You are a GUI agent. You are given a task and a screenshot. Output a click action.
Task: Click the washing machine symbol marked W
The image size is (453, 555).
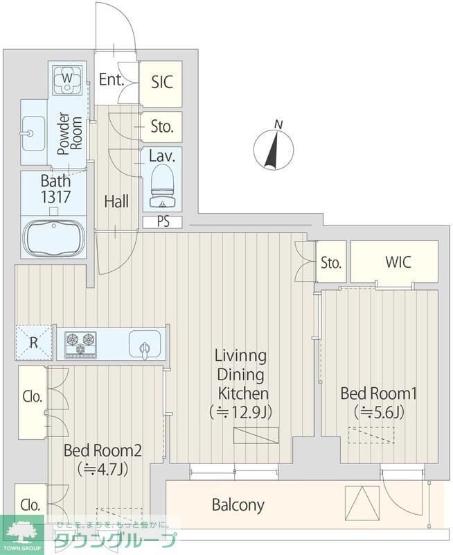[67, 79]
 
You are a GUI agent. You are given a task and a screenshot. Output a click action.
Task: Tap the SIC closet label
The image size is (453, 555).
[162, 82]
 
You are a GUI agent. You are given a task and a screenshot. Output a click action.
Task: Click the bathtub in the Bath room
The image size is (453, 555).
[54, 237]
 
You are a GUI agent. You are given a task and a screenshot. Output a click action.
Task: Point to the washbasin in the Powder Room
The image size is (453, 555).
[33, 133]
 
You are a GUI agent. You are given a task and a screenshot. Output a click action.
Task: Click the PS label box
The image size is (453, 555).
[163, 222]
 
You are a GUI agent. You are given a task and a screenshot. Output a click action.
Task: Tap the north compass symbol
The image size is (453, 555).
[274, 148]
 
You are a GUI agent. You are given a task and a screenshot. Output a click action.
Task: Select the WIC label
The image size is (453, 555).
[398, 262]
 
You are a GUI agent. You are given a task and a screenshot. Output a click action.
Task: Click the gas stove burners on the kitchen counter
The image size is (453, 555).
[80, 343]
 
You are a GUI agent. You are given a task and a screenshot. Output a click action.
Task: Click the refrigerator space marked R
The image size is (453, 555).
[33, 342]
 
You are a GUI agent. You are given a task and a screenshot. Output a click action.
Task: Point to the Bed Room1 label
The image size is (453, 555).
[378, 393]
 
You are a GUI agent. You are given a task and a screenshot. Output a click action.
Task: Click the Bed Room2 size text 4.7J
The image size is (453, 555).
[103, 470]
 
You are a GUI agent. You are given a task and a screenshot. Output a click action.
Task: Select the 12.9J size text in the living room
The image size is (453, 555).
[240, 412]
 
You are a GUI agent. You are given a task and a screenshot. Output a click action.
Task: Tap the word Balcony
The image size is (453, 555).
[238, 505]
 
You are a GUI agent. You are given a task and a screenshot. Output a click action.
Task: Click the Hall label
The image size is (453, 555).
[116, 201]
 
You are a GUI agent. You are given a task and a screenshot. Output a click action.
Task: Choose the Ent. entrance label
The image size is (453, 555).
[112, 79]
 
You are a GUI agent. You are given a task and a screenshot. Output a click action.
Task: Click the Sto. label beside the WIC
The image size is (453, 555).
[331, 263]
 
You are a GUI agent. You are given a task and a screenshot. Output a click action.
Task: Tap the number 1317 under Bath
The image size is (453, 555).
[56, 197]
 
